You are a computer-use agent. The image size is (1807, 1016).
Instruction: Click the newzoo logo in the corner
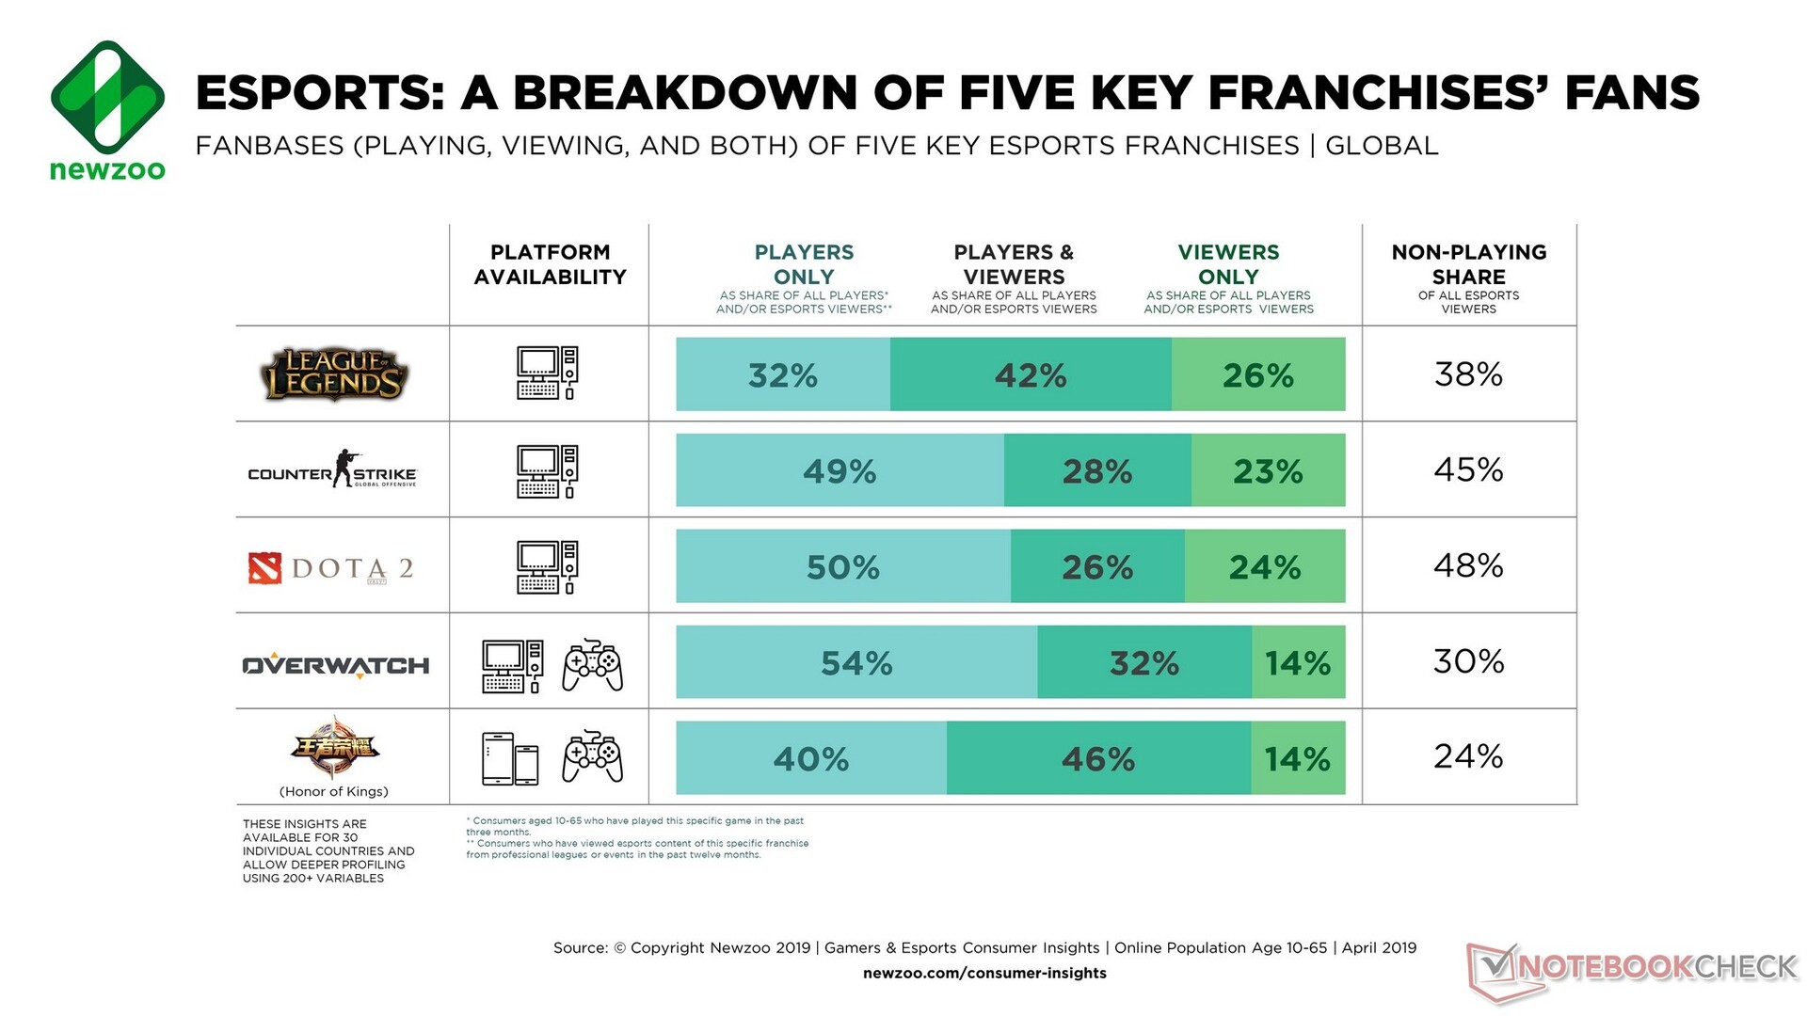coord(107,109)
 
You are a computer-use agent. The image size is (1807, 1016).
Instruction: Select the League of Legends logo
coord(334,374)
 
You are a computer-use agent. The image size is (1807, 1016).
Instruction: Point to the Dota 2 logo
coord(331,567)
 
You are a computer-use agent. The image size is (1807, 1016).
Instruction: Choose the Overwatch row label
coord(336,665)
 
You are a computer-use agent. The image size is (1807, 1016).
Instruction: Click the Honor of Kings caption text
coord(334,791)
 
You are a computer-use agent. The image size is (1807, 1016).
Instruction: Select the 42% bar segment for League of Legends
coord(1031,374)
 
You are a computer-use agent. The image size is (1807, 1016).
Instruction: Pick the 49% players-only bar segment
coord(840,470)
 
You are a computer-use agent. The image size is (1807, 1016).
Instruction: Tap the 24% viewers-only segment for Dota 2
coord(1265,566)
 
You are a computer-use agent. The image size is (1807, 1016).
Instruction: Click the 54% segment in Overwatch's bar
coord(856,662)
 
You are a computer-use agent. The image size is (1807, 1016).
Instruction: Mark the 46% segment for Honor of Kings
coord(1098,758)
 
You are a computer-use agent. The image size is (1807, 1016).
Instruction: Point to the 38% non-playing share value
coord(1468,374)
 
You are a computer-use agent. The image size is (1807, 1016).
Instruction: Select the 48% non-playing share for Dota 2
coord(1468,565)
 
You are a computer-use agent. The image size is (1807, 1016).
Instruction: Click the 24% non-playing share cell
coord(1468,756)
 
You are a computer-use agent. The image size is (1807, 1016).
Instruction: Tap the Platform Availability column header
coord(550,264)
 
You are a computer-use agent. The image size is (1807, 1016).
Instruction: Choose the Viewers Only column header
coord(1228,264)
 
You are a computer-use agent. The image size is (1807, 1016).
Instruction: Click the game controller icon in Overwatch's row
coord(592,665)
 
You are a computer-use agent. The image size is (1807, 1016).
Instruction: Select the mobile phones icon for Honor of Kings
coord(510,758)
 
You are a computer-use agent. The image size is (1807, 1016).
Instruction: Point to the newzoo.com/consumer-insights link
coord(984,973)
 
